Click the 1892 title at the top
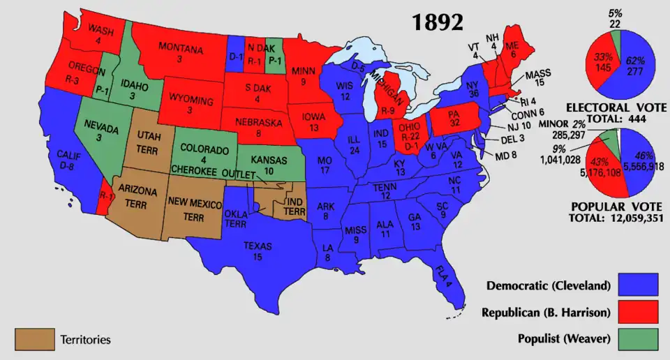[437, 22]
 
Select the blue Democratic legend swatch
[639, 285]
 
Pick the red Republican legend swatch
[639, 311]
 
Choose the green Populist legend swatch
[639, 338]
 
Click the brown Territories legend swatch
[34, 339]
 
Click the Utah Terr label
[148, 140]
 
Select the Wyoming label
[189, 98]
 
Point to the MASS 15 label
[538, 77]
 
